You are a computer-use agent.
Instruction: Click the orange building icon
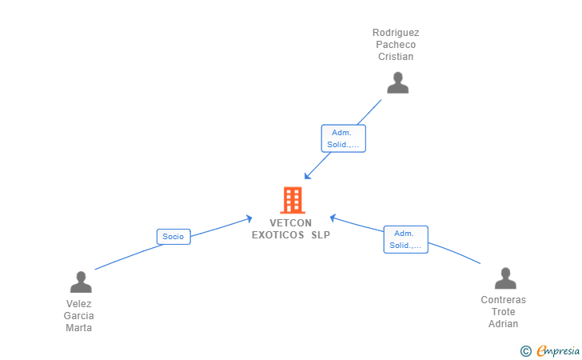click(x=293, y=200)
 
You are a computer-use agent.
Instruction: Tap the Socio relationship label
click(x=173, y=237)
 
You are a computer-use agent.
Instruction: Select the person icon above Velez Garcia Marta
click(x=81, y=282)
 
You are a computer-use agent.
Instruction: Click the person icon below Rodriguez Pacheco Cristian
click(x=397, y=83)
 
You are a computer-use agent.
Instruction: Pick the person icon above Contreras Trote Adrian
click(x=505, y=278)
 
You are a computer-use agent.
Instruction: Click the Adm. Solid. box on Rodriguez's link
click(x=343, y=138)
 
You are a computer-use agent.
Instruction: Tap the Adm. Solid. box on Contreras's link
click(x=405, y=240)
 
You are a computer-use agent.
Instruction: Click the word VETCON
click(x=291, y=223)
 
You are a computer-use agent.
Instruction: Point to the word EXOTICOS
click(x=278, y=235)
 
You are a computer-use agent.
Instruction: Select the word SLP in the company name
click(x=321, y=235)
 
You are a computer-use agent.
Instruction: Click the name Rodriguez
click(x=396, y=33)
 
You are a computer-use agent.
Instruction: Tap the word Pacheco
click(x=396, y=45)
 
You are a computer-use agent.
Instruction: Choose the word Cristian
click(x=396, y=57)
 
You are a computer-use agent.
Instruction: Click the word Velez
click(x=78, y=304)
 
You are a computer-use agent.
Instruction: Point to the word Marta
click(x=78, y=328)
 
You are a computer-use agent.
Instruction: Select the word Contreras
click(x=504, y=300)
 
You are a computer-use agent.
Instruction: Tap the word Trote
click(x=504, y=312)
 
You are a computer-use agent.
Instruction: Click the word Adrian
click(x=504, y=323)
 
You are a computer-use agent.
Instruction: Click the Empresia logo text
click(x=558, y=351)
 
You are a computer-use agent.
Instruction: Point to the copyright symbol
click(x=525, y=351)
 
